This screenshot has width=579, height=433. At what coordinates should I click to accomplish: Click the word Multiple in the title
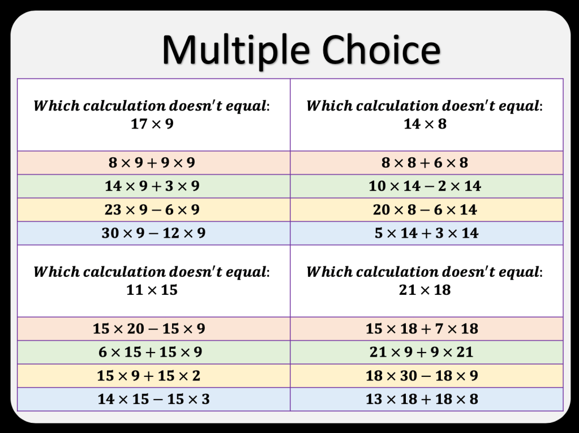click(235, 50)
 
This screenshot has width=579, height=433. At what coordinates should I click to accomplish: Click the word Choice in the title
click(381, 49)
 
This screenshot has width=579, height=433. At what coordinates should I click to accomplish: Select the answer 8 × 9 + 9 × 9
click(152, 162)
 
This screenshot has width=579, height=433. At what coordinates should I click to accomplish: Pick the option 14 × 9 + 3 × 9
click(152, 186)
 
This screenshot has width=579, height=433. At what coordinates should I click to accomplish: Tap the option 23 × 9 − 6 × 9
click(152, 209)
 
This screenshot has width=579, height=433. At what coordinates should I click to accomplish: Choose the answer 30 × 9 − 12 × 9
click(153, 233)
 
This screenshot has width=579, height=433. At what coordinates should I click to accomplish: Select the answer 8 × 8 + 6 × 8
click(424, 162)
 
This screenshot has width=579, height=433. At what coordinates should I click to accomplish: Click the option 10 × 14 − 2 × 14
click(424, 186)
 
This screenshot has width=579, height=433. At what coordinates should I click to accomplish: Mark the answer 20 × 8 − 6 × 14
click(424, 209)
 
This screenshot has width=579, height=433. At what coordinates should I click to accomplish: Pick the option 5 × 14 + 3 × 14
click(427, 233)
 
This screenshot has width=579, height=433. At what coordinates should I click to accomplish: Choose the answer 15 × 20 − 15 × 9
click(149, 328)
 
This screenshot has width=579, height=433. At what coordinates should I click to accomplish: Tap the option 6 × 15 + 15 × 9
click(151, 352)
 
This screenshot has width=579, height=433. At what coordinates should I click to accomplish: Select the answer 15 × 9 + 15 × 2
click(148, 375)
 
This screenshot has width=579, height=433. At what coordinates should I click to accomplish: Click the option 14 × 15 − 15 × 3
click(153, 399)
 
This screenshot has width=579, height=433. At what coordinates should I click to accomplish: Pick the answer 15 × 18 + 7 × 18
click(422, 328)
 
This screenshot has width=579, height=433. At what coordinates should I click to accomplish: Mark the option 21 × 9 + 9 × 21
click(421, 352)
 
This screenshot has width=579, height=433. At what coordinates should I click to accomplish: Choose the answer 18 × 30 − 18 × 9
click(422, 375)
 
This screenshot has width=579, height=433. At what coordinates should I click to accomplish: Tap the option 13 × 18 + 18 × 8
click(422, 399)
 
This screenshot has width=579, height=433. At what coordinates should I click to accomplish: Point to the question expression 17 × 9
click(152, 123)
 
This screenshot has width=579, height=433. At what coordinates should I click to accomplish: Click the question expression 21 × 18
click(424, 290)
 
